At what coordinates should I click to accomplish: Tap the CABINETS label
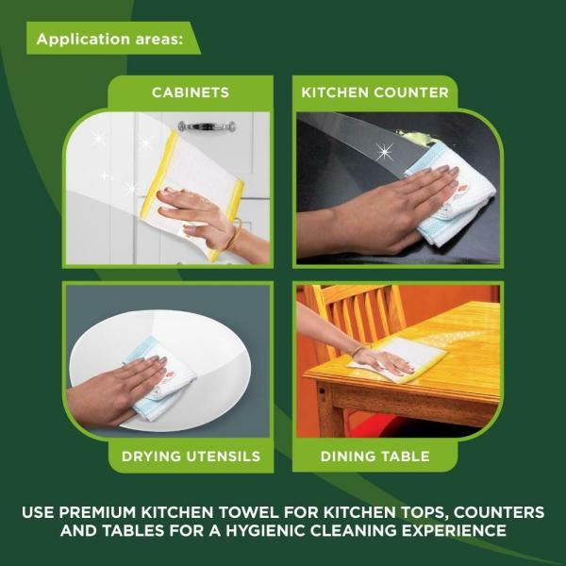(x=191, y=92)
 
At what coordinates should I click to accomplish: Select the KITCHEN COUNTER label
(x=375, y=92)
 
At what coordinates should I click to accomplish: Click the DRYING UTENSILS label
(x=191, y=457)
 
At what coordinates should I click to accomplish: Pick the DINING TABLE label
(x=375, y=457)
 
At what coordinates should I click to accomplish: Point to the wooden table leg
(x=325, y=415)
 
